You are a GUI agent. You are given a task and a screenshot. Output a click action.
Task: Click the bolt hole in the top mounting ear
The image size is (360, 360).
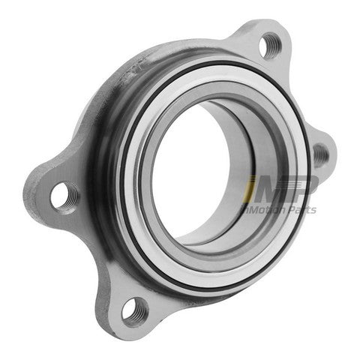pyautogui.click(x=270, y=47)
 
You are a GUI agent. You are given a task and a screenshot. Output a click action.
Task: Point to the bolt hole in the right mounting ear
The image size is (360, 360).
pyautogui.click(x=321, y=155)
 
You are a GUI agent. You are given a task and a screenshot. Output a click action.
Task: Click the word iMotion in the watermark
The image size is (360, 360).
pyautogui.click(x=262, y=209)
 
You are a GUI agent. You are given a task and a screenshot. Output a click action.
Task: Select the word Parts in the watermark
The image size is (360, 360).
pyautogui.click(x=301, y=210)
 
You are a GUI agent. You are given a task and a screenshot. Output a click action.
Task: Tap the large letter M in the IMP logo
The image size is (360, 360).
pyautogui.click(x=271, y=189)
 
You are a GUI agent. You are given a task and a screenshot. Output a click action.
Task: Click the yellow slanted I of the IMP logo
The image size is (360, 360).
pyautogui.click(x=248, y=189)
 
